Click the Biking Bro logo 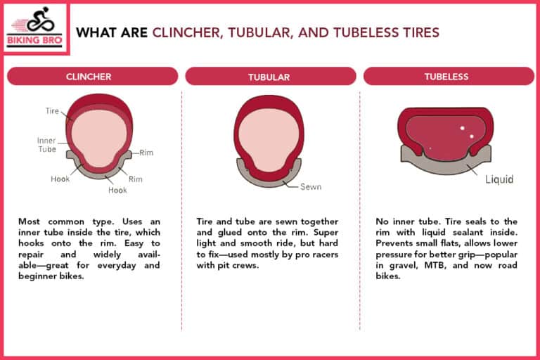click(x=34, y=29)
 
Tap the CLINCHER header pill click(x=91, y=76)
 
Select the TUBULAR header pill click(x=269, y=77)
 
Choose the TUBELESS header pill click(x=447, y=76)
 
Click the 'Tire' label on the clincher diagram click(x=53, y=111)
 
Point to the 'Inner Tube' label click(x=46, y=145)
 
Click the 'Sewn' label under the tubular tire click(x=311, y=187)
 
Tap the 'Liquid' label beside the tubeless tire click(x=499, y=179)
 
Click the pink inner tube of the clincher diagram click(x=98, y=137)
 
